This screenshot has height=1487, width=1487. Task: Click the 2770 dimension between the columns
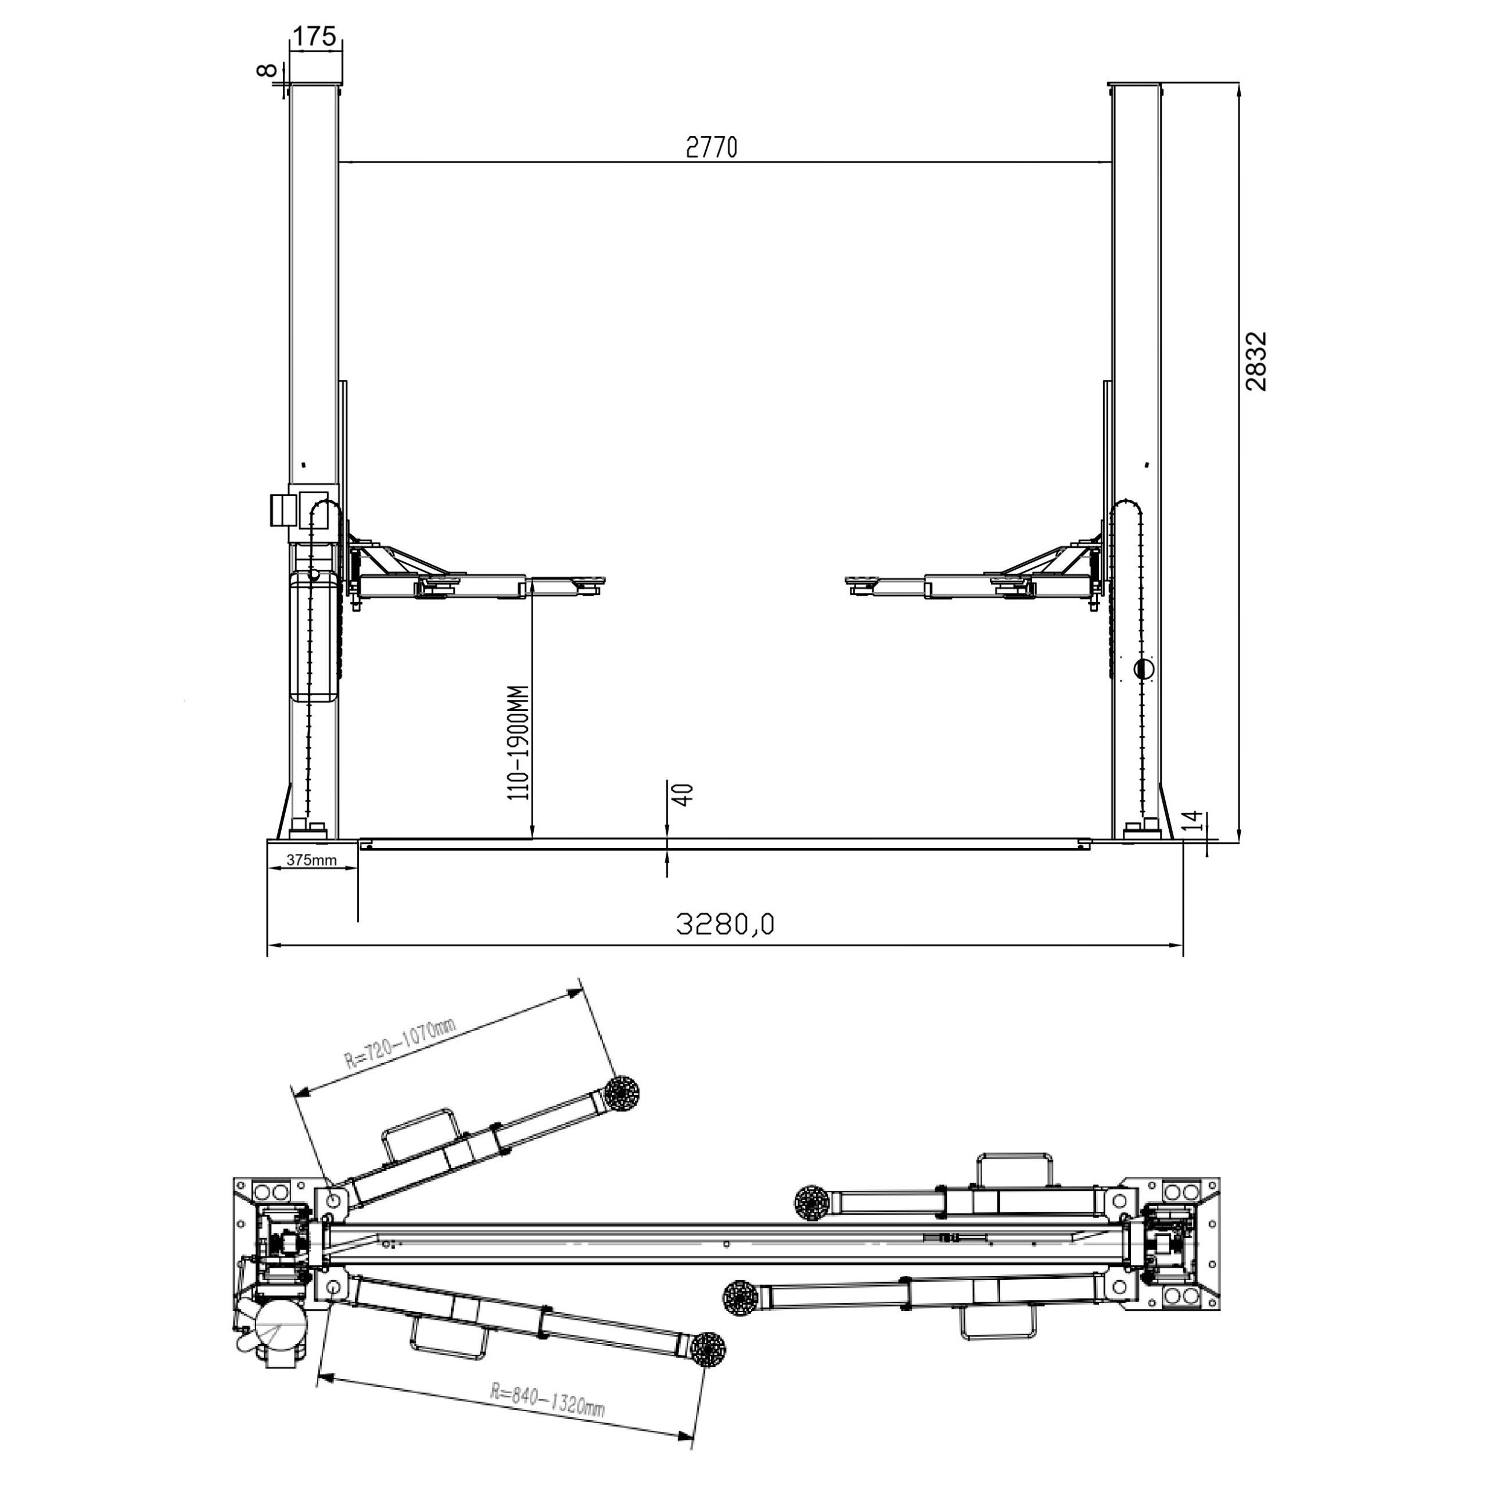(711, 146)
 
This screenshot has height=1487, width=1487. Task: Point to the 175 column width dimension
(314, 35)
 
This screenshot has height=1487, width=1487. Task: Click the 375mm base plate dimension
(312, 860)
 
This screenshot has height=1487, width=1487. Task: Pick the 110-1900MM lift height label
(519, 743)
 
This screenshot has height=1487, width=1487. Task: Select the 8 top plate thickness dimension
(266, 70)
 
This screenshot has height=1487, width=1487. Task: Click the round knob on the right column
(1144, 669)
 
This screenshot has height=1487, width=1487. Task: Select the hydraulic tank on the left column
(315, 635)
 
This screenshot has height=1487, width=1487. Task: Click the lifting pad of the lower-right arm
(741, 1297)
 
